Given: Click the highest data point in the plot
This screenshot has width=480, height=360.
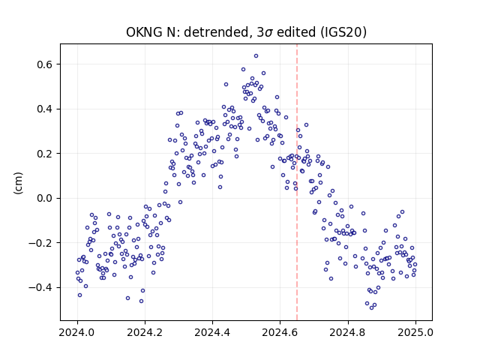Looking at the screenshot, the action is click(256, 55).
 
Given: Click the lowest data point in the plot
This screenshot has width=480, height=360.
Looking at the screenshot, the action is click(372, 307).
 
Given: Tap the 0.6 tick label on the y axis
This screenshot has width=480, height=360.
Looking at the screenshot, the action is click(44, 64).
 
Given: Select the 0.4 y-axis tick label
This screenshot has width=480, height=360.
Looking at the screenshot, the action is click(44, 109).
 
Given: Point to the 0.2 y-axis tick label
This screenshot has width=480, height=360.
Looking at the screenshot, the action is click(44, 154).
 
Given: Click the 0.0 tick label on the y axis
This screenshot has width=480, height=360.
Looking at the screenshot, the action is click(44, 198).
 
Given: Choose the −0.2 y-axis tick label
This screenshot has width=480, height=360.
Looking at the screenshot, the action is click(40, 243).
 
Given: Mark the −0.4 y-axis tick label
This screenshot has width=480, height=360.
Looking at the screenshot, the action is click(40, 288).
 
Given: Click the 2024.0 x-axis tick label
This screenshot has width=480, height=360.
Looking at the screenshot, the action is click(77, 332).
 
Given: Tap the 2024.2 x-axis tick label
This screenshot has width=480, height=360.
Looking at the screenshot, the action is click(145, 332).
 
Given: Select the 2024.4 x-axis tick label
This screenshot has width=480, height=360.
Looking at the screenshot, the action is click(212, 332).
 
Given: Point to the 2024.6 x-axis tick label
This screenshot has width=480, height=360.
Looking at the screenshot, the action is click(280, 332).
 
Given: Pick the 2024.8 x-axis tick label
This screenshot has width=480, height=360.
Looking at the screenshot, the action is click(348, 332).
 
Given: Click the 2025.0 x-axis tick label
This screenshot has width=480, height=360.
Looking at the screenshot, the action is click(415, 332).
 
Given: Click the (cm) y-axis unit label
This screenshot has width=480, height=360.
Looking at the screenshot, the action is click(18, 183).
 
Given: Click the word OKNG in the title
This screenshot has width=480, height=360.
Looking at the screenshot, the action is click(144, 32).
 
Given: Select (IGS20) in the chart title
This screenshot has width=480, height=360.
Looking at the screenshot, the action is click(343, 32).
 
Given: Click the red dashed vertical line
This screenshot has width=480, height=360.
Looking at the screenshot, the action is click(297, 182).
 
